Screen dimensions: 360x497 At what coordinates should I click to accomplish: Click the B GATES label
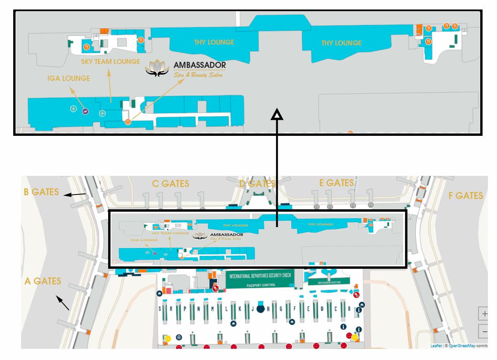(x=41, y=192)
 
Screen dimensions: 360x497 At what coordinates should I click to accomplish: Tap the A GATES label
(x=43, y=281)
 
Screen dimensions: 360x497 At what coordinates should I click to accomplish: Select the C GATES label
(x=170, y=183)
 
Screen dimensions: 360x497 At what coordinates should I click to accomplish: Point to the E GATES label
(x=336, y=183)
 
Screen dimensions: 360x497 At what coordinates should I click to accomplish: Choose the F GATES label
(x=466, y=195)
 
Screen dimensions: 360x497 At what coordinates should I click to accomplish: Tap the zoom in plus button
(x=484, y=314)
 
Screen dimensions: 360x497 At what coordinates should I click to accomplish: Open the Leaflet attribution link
(x=435, y=346)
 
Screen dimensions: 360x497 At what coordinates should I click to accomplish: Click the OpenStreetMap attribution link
(x=461, y=346)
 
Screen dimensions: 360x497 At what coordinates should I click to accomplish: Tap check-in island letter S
(x=160, y=309)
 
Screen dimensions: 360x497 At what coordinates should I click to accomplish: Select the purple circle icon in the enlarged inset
(x=85, y=111)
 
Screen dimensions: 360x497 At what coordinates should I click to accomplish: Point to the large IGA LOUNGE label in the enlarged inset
(x=69, y=78)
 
